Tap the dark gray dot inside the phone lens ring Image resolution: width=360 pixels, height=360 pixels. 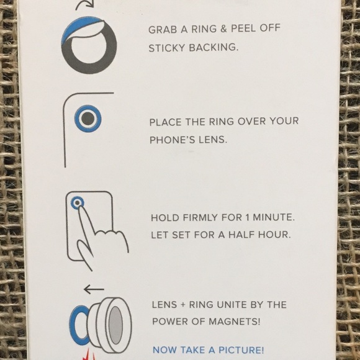pos(88,119)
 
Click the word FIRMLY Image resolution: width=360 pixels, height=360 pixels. pos(200,217)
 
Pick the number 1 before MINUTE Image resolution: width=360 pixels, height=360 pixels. pos(247,217)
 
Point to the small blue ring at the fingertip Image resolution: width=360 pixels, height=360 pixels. pos(78,202)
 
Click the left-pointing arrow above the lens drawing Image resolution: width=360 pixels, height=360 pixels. pos(94,289)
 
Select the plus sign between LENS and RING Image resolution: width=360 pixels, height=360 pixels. pos(182,305)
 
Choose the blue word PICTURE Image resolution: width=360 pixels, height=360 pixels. pos(241,350)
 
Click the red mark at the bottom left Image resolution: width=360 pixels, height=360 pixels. pos(88,356)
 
